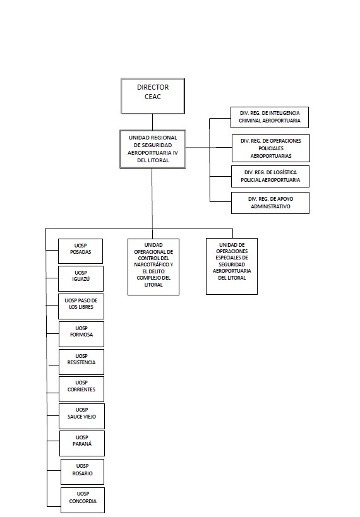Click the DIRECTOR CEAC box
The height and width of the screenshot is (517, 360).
click(153, 97)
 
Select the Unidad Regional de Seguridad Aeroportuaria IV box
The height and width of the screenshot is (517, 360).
click(152, 149)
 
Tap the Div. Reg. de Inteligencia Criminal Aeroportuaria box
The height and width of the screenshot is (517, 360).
click(270, 117)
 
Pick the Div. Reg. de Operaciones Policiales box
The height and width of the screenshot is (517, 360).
click(271, 148)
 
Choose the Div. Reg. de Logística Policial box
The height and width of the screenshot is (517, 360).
click(270, 176)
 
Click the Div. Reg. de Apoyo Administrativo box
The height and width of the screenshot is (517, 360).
click(270, 203)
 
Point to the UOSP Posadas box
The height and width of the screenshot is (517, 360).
click(80, 251)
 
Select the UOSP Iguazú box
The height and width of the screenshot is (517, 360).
click(81, 278)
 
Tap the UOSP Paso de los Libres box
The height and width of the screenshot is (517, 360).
click(81, 306)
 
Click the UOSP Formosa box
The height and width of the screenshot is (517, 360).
click(81, 334)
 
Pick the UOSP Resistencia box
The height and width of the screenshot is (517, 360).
click(81, 362)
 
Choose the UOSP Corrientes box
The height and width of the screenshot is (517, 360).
click(81, 389)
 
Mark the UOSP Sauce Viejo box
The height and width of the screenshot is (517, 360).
click(82, 416)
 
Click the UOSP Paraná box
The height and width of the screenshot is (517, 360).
click(82, 443)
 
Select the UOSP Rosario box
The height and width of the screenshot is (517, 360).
click(83, 472)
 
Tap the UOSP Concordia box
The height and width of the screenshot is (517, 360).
click(83, 500)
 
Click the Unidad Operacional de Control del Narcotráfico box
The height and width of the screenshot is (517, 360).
click(153, 267)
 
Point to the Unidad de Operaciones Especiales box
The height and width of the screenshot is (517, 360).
click(232, 266)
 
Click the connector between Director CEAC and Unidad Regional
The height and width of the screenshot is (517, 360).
click(152, 122)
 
